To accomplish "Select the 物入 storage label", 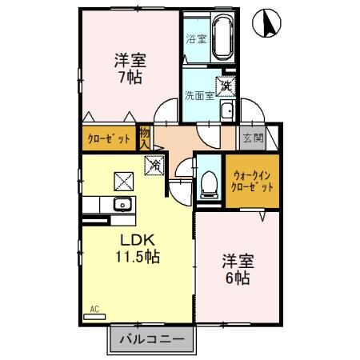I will (145, 138).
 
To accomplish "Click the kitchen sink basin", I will (122, 204).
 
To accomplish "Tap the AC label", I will (94, 308).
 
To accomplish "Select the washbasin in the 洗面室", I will (227, 111).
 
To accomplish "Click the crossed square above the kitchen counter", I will (122, 180).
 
